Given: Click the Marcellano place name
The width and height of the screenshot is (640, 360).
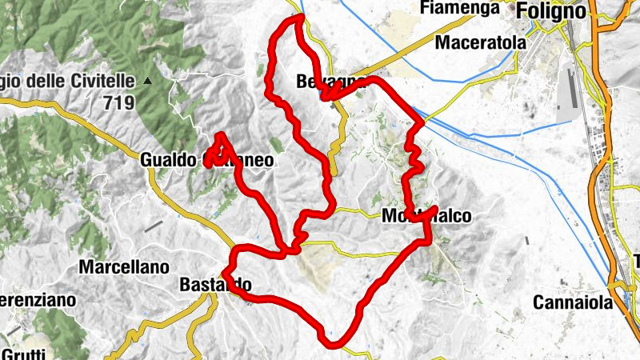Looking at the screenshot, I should point(124,266).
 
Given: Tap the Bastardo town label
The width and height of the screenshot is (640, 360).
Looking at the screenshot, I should point(216,285).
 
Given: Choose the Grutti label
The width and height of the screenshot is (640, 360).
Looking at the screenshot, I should point(24,353).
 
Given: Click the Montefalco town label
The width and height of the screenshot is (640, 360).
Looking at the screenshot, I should point(422,216).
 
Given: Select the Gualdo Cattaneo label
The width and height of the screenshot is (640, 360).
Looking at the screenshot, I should point(206,160).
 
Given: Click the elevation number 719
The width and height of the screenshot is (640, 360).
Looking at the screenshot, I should point(118,102).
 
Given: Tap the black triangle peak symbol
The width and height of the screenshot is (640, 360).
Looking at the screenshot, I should point(147,82).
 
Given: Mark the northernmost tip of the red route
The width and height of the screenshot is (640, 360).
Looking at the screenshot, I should point(301,16).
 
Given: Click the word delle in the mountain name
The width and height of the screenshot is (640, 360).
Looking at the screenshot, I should point(54,82).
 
